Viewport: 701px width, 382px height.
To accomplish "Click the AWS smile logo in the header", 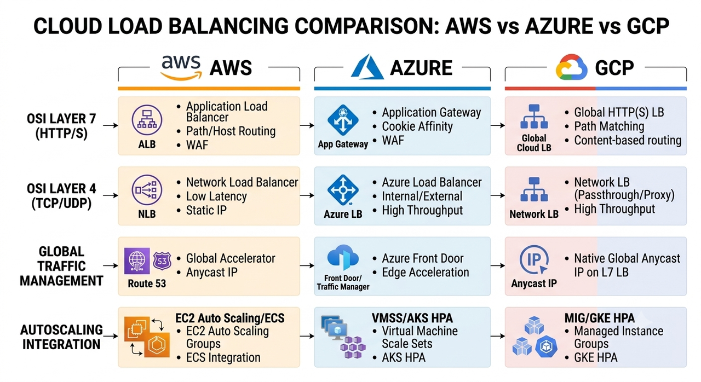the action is click(x=181, y=67).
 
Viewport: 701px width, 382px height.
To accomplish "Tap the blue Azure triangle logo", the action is click(x=367, y=67).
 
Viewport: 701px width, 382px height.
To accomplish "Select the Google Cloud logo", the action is click(x=571, y=67).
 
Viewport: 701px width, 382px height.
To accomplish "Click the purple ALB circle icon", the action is click(x=147, y=120).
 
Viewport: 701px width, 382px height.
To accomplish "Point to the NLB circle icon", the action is click(x=147, y=190).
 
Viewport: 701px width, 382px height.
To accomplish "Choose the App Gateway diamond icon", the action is click(x=343, y=120).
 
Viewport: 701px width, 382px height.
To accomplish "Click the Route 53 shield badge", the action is click(x=162, y=261).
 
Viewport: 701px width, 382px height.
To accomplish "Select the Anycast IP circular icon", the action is click(x=534, y=260).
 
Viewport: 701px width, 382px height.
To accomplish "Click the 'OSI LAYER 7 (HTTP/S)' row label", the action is click(x=61, y=126).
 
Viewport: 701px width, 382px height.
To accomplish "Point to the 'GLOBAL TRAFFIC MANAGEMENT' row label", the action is click(x=61, y=267).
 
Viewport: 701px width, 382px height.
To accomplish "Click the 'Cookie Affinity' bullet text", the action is click(x=417, y=126).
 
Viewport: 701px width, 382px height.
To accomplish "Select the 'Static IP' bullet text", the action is click(x=206, y=210).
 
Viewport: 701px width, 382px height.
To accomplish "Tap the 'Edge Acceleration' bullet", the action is click(x=426, y=273).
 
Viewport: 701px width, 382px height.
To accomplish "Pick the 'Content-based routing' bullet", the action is click(x=628, y=140).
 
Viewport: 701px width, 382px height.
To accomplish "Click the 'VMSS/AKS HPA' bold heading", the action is click(x=412, y=318).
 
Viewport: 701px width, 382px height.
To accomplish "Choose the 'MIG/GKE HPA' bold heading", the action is click(x=600, y=318).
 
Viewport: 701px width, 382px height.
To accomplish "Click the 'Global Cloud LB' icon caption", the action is click(x=534, y=143).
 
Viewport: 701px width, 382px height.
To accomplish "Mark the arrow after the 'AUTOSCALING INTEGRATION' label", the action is click(x=111, y=336).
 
